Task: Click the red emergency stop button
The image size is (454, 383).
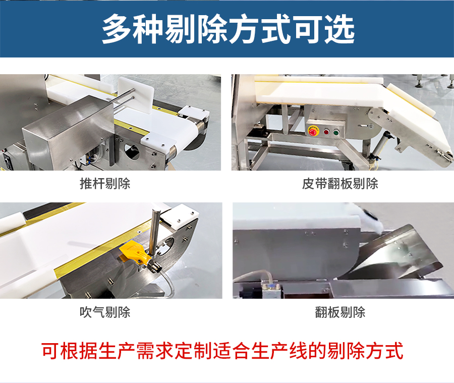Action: tap(313, 131)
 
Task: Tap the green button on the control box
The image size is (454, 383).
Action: tap(336, 133)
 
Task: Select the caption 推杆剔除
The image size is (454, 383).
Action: tap(105, 184)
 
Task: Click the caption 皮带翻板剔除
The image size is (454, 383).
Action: tap(340, 184)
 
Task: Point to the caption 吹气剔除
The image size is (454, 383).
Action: tap(105, 312)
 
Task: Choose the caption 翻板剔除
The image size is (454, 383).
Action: tap(340, 312)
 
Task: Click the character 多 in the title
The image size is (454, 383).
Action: tap(117, 29)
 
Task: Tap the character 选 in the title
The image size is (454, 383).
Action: tap(339, 29)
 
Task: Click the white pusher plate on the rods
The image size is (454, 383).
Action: tap(136, 94)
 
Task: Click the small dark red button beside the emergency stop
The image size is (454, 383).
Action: tap(326, 132)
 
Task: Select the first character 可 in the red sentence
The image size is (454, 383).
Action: tap(50, 351)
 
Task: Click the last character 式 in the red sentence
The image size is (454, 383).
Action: tap(394, 351)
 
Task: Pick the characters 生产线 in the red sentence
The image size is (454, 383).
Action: tap(279, 351)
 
